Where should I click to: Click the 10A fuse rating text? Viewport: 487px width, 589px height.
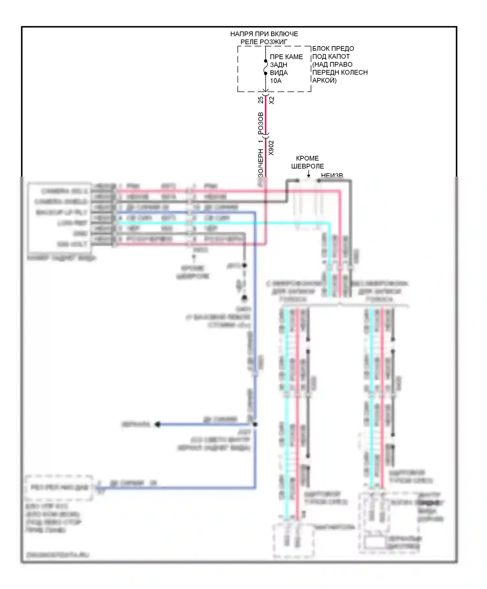[276, 81]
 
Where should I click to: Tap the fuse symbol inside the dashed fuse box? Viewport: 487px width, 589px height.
[266, 67]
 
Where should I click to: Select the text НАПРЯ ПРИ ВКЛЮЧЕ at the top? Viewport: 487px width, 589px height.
[264, 34]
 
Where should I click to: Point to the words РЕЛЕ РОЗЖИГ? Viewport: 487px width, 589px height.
[264, 42]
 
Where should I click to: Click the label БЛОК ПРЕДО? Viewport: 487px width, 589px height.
[333, 49]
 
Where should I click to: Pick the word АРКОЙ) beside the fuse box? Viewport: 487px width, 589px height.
[324, 81]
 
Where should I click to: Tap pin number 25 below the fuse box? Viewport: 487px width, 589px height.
[261, 100]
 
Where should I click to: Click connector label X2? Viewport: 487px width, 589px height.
[272, 100]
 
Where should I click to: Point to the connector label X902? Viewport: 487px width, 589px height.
[272, 148]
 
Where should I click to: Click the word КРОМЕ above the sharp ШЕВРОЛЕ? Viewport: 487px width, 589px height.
[307, 158]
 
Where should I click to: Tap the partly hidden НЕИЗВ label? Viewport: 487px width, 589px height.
[332, 176]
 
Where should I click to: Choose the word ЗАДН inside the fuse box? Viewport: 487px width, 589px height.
[279, 65]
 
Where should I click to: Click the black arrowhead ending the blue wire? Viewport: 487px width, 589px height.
[157, 424]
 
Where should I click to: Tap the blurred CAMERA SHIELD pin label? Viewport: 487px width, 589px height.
[61, 202]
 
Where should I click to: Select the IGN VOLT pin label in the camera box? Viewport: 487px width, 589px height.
[72, 244]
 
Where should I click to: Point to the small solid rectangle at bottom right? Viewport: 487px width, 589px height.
[374, 543]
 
